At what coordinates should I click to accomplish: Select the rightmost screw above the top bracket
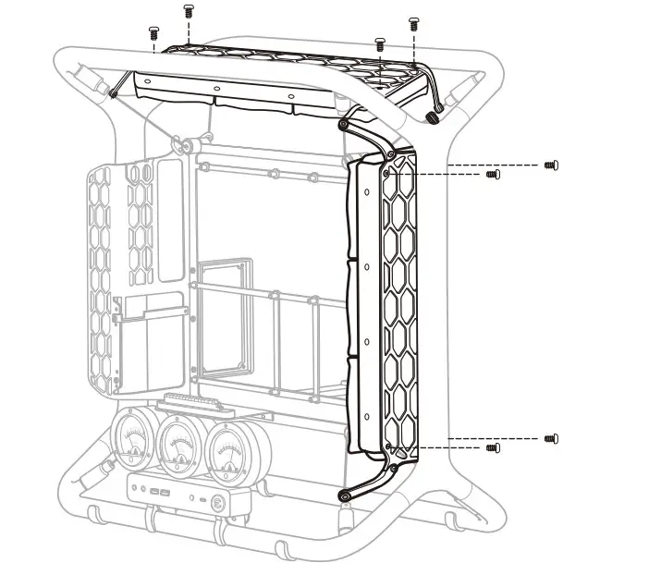click(413, 22)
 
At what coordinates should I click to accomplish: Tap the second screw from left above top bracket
click(189, 11)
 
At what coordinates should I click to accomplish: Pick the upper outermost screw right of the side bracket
click(551, 165)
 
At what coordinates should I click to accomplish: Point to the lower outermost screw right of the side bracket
click(551, 437)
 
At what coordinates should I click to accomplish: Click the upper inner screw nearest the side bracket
click(493, 174)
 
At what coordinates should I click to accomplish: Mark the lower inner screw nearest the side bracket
click(493, 447)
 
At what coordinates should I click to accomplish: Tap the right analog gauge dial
click(226, 451)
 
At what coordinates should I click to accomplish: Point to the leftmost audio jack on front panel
click(133, 487)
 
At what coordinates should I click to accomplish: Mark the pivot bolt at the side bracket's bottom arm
click(345, 495)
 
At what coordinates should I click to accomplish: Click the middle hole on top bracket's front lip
click(215, 90)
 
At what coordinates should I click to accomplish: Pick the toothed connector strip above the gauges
click(190, 404)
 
